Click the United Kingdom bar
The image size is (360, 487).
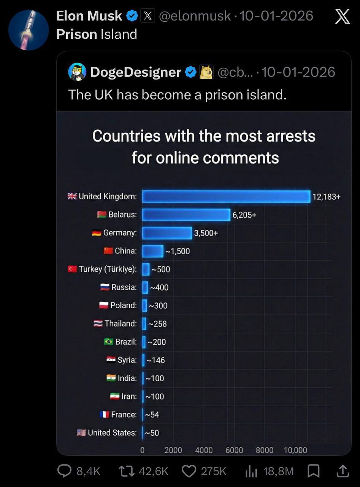tap(226, 196)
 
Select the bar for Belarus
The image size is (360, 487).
tap(186, 215)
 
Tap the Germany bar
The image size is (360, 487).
tap(167, 233)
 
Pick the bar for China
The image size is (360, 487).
tap(152, 251)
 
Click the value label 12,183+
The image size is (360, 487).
tap(327, 197)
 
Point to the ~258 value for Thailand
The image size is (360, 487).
tap(157, 324)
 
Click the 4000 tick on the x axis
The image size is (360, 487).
tap(204, 450)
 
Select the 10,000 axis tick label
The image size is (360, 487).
tap(295, 450)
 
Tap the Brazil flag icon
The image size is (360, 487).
tap(108, 342)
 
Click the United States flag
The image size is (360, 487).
tap(81, 433)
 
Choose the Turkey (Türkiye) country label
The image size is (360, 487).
tap(108, 269)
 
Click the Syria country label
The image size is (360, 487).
tap(127, 360)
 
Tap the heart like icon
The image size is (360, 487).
tap(189, 471)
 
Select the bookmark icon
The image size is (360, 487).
tap(313, 471)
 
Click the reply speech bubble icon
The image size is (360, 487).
tap(64, 471)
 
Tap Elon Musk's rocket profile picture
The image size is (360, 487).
tap(29, 30)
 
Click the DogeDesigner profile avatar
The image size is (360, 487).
tap(77, 72)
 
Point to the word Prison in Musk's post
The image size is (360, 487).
tap(77, 34)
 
